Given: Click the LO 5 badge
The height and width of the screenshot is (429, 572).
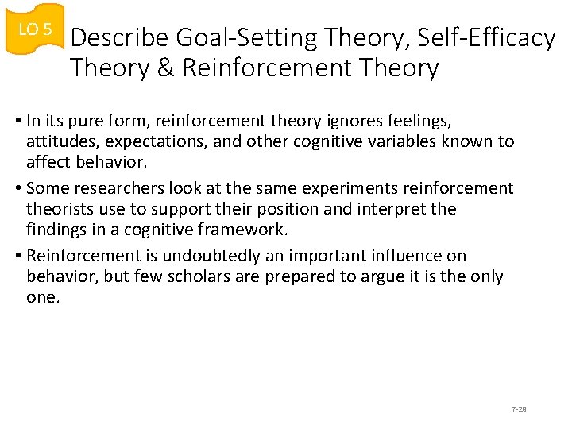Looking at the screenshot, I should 34,29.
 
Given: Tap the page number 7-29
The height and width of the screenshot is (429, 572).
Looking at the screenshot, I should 520,409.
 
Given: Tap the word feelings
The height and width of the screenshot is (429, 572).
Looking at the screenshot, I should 420,122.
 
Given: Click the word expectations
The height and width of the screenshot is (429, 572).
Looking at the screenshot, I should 157,142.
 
